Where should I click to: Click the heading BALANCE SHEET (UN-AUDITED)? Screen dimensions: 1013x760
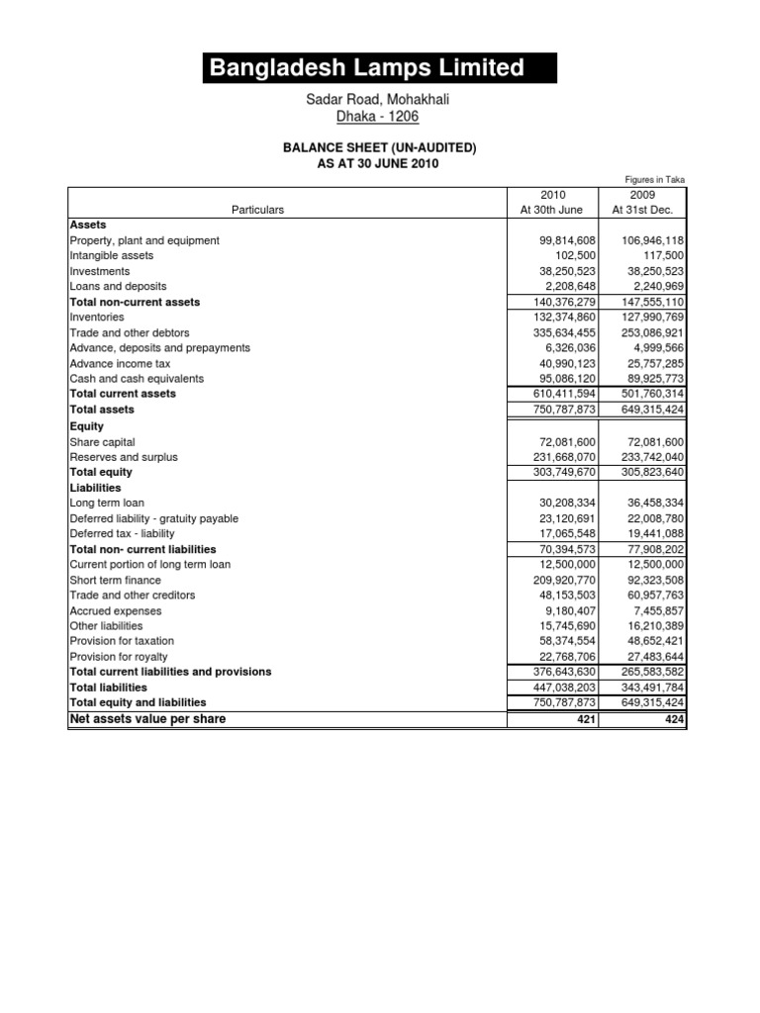tap(380, 147)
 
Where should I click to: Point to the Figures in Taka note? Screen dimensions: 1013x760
tap(654, 179)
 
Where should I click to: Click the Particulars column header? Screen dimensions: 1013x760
tap(257, 210)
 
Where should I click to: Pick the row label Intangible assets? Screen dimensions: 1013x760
tap(111, 255)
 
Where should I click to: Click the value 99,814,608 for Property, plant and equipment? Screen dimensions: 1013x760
tap(561, 240)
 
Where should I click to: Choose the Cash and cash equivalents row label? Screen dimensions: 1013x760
tap(136, 378)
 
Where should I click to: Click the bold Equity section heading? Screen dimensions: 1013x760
tap(87, 426)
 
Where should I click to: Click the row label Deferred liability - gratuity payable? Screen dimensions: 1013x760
tap(153, 518)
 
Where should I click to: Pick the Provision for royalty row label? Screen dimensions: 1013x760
tap(118, 656)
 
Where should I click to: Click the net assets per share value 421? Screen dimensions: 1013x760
tap(584, 719)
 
